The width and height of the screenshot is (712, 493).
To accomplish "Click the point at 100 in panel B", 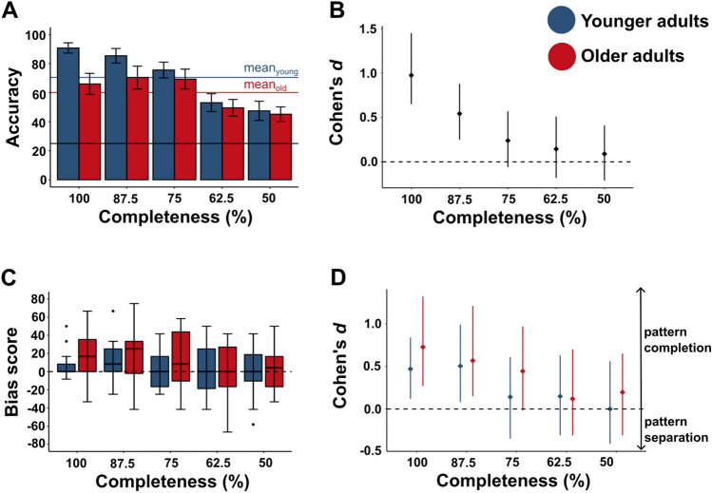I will pyautogui.click(x=412, y=75).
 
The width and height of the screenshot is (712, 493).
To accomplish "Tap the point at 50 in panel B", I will pyautogui.click(x=605, y=154).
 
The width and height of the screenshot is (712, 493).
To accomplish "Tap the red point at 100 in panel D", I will pyautogui.click(x=422, y=348).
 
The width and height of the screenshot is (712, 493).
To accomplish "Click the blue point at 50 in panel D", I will pyautogui.click(x=610, y=409).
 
